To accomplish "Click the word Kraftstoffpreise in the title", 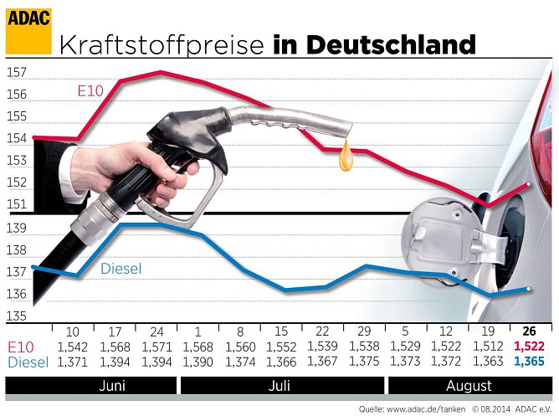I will click(x=162, y=44).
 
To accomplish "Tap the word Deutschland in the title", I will click(x=391, y=44).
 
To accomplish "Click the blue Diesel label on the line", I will click(x=121, y=269).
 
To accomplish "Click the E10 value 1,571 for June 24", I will click(x=155, y=347).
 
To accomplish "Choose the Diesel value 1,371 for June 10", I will click(x=71, y=362).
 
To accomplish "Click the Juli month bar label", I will click(x=281, y=386).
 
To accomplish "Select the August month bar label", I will click(x=469, y=386).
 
